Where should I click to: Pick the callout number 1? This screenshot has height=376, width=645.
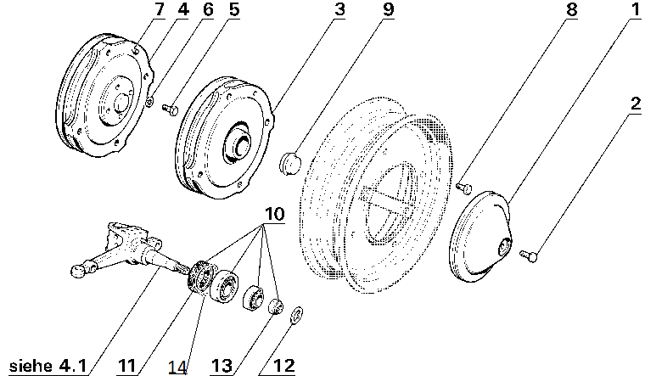(632, 11)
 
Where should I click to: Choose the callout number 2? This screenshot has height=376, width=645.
(632, 105)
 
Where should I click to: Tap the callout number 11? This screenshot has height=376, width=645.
(127, 367)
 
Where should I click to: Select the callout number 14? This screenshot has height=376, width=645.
(177, 368)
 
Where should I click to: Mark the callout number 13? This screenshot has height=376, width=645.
(222, 367)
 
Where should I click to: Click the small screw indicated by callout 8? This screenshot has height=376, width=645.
(463, 186)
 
